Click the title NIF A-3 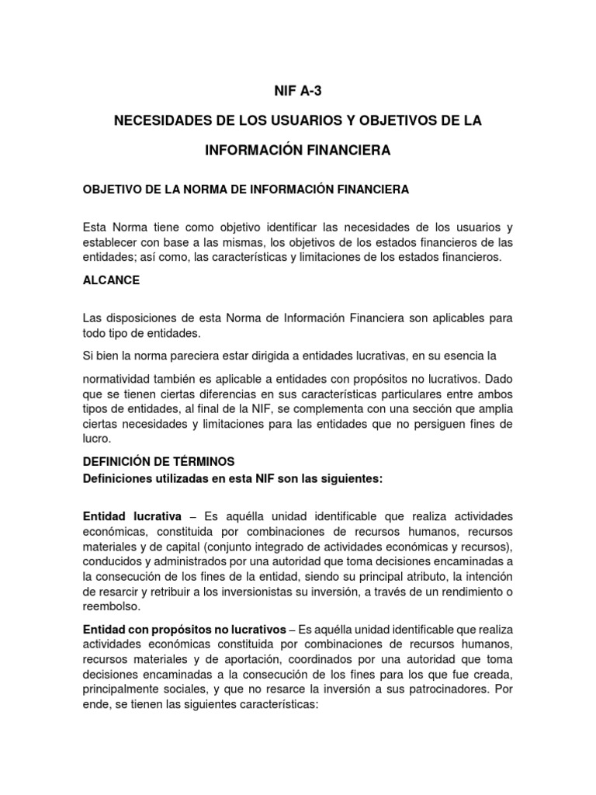tap(298, 91)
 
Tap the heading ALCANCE tap(111, 281)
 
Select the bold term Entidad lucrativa tap(132, 516)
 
